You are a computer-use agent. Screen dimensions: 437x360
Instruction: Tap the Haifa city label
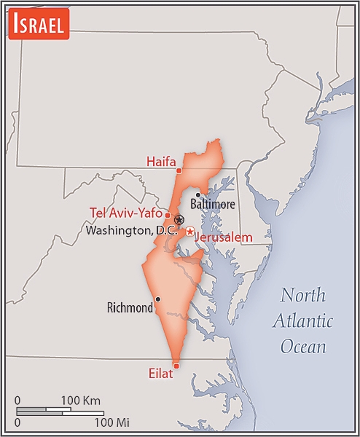pyautogui.click(x=161, y=162)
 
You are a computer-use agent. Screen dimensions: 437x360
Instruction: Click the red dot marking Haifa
pyautogui.click(x=179, y=170)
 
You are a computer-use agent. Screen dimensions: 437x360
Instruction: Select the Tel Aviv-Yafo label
pyautogui.click(x=125, y=213)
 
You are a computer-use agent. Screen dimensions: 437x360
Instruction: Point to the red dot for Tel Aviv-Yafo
pyautogui.click(x=168, y=215)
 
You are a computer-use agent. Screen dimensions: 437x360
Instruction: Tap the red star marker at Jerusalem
pyautogui.click(x=189, y=232)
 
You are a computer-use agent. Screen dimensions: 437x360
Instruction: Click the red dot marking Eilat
pyautogui.click(x=176, y=365)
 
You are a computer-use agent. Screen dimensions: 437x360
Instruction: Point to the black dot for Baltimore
pyautogui.click(x=197, y=194)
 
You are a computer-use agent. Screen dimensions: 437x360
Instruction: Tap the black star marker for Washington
pyautogui.click(x=179, y=219)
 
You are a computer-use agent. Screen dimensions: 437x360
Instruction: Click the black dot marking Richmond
pyautogui.click(x=157, y=299)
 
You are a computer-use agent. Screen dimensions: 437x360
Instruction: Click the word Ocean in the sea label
pyautogui.click(x=304, y=346)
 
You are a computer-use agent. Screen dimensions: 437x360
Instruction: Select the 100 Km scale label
pyautogui.click(x=80, y=401)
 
